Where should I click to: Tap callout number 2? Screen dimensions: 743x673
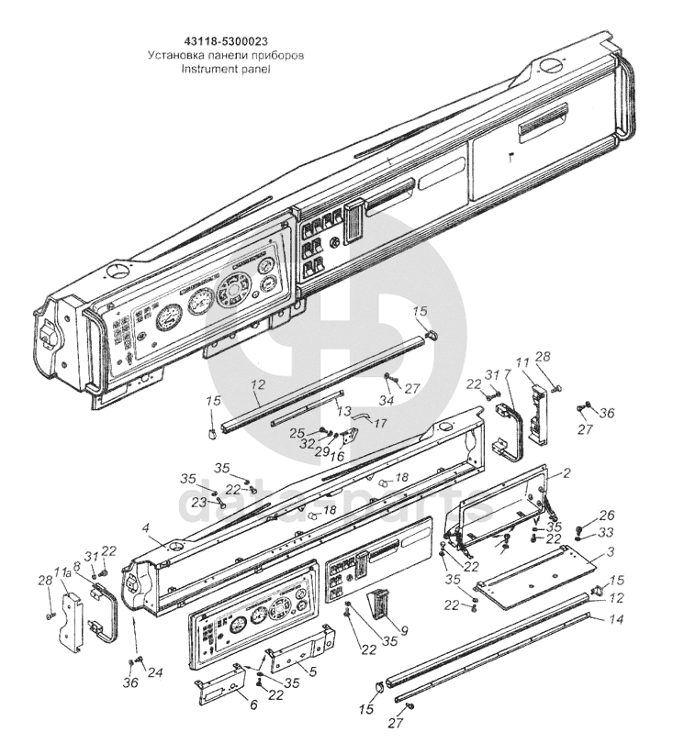click(x=566, y=473)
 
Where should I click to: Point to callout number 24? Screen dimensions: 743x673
click(x=156, y=672)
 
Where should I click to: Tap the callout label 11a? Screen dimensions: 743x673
click(x=62, y=573)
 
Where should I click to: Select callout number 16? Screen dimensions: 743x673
click(x=338, y=455)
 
